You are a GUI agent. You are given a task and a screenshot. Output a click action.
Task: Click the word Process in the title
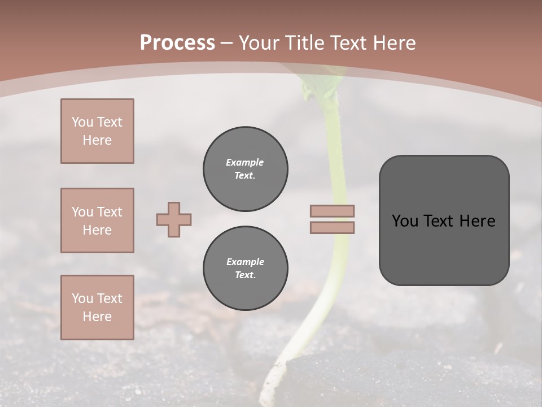(177, 43)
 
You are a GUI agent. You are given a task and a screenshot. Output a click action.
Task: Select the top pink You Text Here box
(97, 131)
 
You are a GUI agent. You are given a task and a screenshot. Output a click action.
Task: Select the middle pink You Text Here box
(97, 220)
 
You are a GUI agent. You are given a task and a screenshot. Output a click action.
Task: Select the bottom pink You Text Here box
(97, 308)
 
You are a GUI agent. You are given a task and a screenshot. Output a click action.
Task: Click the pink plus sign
(174, 220)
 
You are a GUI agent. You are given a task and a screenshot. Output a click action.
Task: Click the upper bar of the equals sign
(333, 211)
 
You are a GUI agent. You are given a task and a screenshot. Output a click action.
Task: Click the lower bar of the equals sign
(333, 227)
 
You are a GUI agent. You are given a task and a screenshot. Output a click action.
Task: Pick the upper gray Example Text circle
(245, 169)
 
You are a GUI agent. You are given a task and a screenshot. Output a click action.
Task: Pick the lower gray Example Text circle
(245, 268)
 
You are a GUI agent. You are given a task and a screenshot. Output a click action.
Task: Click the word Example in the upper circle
(245, 162)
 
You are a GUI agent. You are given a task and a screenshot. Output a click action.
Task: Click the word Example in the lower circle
(245, 262)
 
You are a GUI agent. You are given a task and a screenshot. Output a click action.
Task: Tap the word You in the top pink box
(82, 122)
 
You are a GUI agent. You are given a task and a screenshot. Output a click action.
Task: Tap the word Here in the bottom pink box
(97, 317)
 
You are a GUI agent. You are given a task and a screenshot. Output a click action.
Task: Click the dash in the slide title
(227, 43)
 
